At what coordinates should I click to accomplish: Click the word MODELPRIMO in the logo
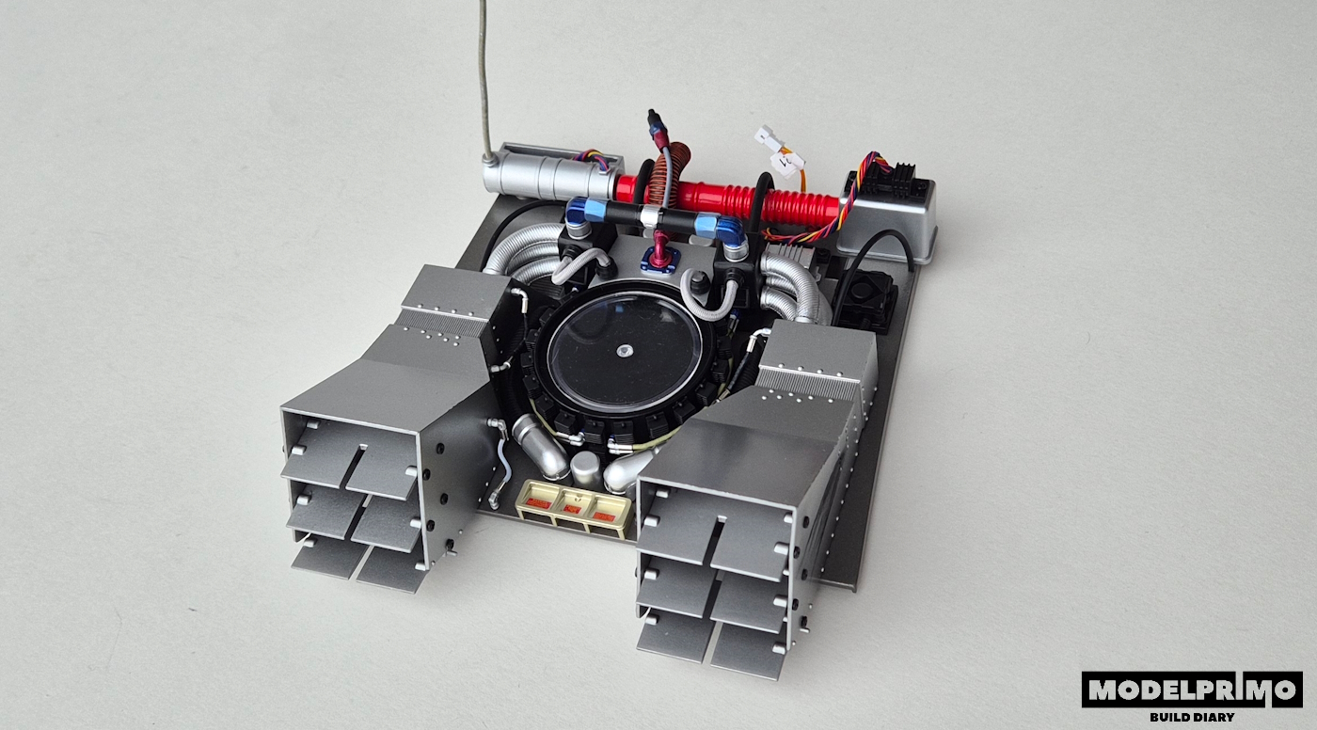coord(1192,690)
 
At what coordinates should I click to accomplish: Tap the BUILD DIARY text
coord(1192,717)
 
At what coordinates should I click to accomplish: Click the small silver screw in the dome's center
coord(623,351)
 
